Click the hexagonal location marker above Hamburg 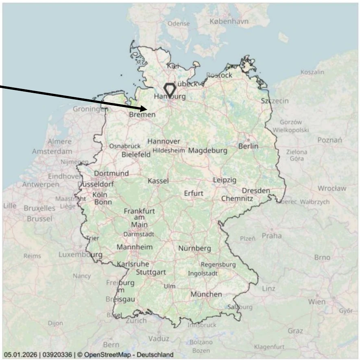169,90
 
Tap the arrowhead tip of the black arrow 146,109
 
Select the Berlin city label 248,146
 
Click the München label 206,294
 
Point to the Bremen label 142,115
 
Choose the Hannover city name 164,141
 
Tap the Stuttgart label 151,272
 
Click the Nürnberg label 194,248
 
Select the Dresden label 256,190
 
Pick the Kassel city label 158,181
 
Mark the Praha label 271,236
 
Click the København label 229,21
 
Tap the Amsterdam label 52,151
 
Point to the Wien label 316,302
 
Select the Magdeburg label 207,151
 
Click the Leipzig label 225,180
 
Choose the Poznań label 330,140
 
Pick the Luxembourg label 80,255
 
